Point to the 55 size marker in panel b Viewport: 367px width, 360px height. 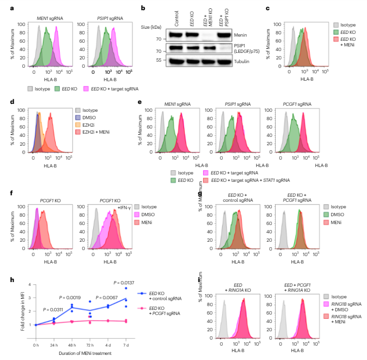158,60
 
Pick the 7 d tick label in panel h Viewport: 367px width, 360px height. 125,345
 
